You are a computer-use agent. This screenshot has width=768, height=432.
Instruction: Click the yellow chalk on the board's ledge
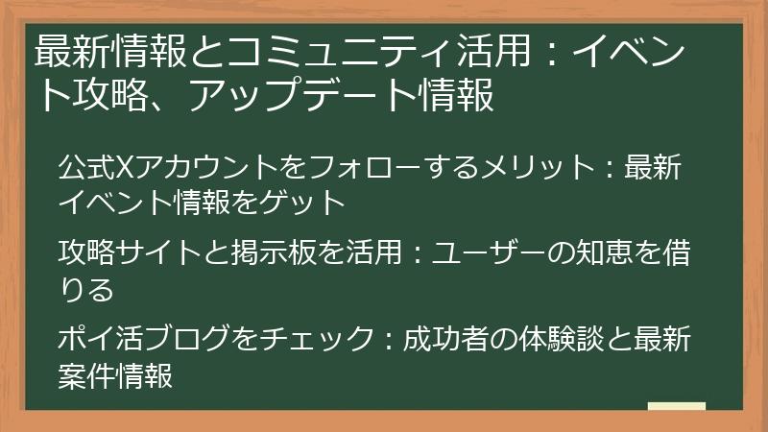[x=677, y=407]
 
